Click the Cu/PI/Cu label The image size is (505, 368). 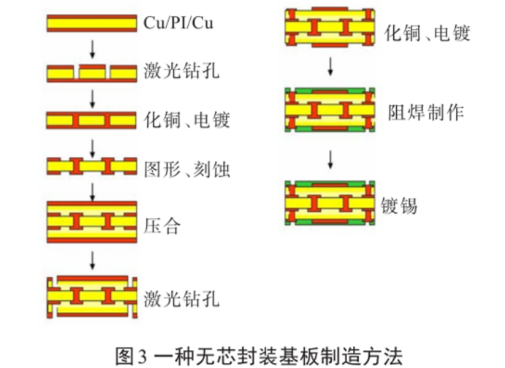(x=178, y=24)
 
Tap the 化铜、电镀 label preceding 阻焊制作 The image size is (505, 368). (x=427, y=33)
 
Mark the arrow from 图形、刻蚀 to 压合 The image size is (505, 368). (x=91, y=191)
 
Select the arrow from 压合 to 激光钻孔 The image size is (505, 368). (x=91, y=259)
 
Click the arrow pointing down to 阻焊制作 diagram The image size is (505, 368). (x=330, y=66)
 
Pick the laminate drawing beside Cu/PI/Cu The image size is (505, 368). (x=91, y=23)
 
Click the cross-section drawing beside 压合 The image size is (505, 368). (x=91, y=222)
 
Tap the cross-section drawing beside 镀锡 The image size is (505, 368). (x=329, y=203)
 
